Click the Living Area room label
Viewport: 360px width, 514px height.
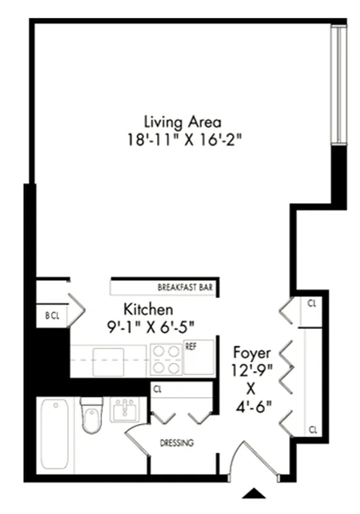(x=183, y=121)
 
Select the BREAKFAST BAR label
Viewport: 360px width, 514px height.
(x=186, y=287)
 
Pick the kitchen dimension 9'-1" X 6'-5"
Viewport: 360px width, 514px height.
(x=150, y=326)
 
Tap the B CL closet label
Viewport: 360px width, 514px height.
(x=51, y=315)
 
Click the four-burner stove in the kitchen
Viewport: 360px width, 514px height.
(x=166, y=359)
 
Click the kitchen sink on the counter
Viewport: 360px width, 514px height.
(x=109, y=360)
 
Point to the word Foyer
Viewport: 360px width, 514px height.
(x=252, y=353)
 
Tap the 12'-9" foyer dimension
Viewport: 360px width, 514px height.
(x=253, y=370)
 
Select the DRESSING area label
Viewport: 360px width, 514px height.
(x=177, y=443)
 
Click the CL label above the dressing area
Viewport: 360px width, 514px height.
(x=157, y=389)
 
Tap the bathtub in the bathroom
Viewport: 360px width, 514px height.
(x=54, y=435)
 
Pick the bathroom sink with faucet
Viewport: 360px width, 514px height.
(x=125, y=409)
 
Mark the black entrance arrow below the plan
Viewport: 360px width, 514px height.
(x=255, y=493)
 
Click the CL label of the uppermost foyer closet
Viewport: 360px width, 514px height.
(x=311, y=303)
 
